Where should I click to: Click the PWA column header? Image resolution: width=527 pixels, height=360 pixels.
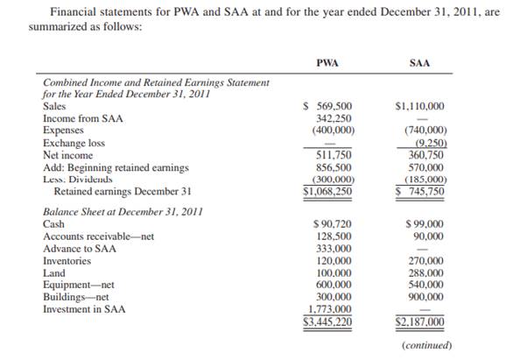pyautogui.click(x=327, y=63)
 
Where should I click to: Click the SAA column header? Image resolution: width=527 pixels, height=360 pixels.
pyautogui.click(x=419, y=63)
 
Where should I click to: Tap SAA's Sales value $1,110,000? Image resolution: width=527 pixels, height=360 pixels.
pyautogui.click(x=419, y=106)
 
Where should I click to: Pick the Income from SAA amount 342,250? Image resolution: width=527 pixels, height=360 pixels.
pyautogui.click(x=332, y=117)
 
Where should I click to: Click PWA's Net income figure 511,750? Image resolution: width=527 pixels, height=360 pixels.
pyautogui.click(x=332, y=154)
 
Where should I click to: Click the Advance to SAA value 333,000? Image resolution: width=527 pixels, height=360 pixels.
pyautogui.click(x=332, y=248)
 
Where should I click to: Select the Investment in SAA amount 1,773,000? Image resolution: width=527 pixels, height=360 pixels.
pyautogui.click(x=330, y=309)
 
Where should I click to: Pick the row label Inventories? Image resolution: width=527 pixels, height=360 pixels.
pyautogui.click(x=67, y=260)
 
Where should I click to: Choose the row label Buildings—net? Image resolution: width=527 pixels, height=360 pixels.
pyautogui.click(x=77, y=297)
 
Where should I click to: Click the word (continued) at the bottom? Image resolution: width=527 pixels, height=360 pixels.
pyautogui.click(x=426, y=345)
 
